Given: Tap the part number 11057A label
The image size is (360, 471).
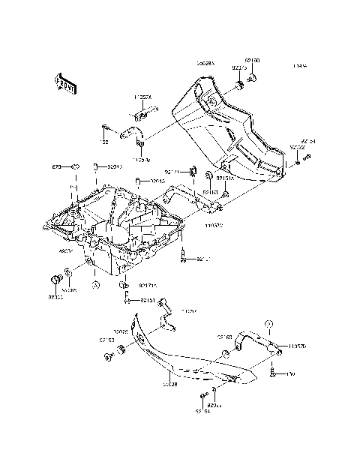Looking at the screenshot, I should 142,97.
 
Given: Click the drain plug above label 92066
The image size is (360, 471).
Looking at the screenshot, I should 55,280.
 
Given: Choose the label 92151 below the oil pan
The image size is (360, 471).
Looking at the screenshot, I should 147,300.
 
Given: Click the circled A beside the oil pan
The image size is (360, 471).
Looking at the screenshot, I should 95,284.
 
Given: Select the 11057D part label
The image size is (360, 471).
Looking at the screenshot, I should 296,346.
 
